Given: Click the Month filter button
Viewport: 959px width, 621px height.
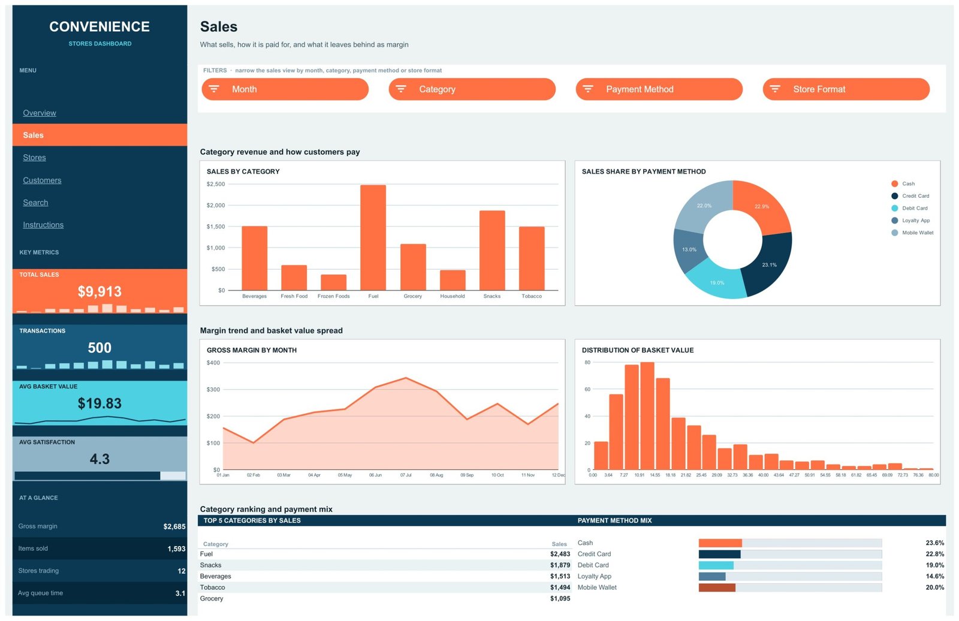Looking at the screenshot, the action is [285, 89].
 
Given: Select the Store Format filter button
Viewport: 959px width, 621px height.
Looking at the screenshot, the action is [846, 89].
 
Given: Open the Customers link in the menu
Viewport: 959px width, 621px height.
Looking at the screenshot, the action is [42, 180].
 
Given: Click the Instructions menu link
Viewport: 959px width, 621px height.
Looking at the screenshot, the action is [43, 225].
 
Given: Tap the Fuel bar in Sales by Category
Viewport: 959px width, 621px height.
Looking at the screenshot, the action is [373, 238].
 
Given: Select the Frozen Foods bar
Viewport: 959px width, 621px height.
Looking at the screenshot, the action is [333, 283].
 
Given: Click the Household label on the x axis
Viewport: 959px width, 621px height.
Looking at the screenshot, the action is [452, 296].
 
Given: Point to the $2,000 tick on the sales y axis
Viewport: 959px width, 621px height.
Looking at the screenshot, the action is [215, 205].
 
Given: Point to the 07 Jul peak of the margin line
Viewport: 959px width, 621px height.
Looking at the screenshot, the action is [406, 378].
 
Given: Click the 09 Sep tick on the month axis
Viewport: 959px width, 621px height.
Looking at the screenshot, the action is [467, 475].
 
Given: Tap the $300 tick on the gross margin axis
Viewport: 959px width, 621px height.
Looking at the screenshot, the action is [213, 389].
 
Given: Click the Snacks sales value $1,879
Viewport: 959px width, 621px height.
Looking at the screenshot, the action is [560, 565].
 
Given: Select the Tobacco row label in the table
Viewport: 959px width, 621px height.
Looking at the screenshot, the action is [212, 587].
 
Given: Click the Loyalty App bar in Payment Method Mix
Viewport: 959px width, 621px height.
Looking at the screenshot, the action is [712, 577].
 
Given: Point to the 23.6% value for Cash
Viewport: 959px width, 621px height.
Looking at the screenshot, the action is [934, 542].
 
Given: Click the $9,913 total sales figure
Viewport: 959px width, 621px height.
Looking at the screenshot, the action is [99, 292].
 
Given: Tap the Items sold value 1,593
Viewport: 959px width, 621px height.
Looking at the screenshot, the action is [176, 548].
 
